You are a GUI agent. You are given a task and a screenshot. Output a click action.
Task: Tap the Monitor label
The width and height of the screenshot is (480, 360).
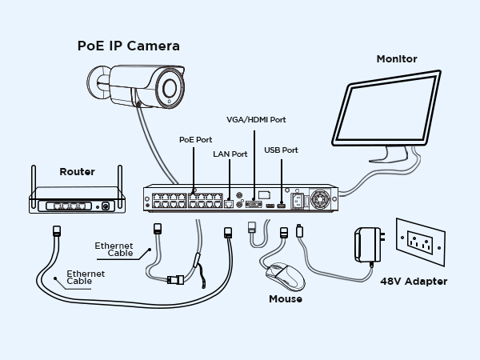397,58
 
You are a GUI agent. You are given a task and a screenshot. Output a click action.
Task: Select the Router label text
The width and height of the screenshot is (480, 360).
77,172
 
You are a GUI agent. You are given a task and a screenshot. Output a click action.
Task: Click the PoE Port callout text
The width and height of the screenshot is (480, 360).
195,138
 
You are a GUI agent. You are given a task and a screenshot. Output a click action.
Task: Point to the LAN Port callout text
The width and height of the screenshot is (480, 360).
230,154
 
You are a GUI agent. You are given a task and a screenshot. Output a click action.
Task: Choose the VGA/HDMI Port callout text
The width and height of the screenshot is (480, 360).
256,119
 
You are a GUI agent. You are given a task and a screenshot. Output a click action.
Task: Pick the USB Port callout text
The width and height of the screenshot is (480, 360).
281,150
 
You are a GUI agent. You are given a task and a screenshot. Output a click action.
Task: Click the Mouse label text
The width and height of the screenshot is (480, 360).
286,299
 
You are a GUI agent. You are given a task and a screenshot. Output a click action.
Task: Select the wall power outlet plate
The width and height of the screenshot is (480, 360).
419,241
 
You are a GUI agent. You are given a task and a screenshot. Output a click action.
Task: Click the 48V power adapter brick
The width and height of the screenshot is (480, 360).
369,243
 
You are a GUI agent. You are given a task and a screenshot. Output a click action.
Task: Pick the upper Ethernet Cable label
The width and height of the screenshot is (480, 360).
114,249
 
